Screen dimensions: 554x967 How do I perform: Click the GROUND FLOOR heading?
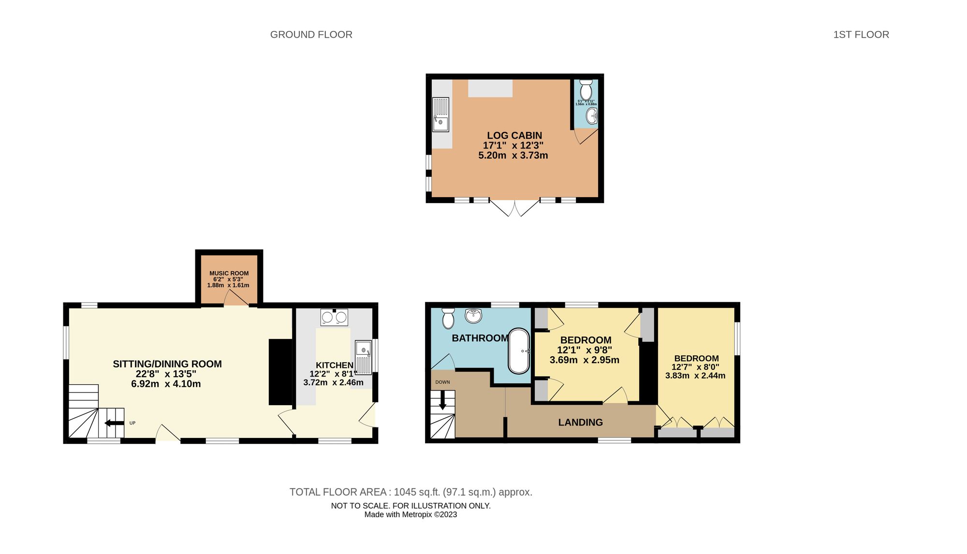(x=311, y=34)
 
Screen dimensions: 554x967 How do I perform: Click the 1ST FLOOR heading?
(x=861, y=34)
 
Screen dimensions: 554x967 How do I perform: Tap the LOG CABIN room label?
(x=514, y=135)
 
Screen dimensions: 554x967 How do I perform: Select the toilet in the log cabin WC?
(x=586, y=89)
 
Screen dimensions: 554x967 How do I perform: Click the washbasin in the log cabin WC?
(x=592, y=116)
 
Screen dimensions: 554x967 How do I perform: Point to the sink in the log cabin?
(x=440, y=115)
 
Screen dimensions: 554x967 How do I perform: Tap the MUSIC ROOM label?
(x=229, y=273)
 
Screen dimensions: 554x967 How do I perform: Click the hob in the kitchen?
(x=334, y=317)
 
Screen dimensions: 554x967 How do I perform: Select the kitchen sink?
(x=363, y=356)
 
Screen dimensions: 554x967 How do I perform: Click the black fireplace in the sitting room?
(x=280, y=372)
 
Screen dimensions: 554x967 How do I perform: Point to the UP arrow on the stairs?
(x=114, y=423)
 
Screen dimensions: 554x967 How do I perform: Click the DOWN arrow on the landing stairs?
(x=442, y=400)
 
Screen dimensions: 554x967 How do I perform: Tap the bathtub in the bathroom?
(x=519, y=351)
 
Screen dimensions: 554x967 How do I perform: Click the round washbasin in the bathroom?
(x=474, y=316)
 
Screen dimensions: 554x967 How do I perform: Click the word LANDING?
(x=580, y=422)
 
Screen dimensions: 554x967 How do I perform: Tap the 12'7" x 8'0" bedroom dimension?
(x=695, y=367)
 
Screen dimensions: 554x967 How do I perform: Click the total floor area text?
(x=410, y=492)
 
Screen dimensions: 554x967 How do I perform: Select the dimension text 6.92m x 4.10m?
(x=166, y=384)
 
